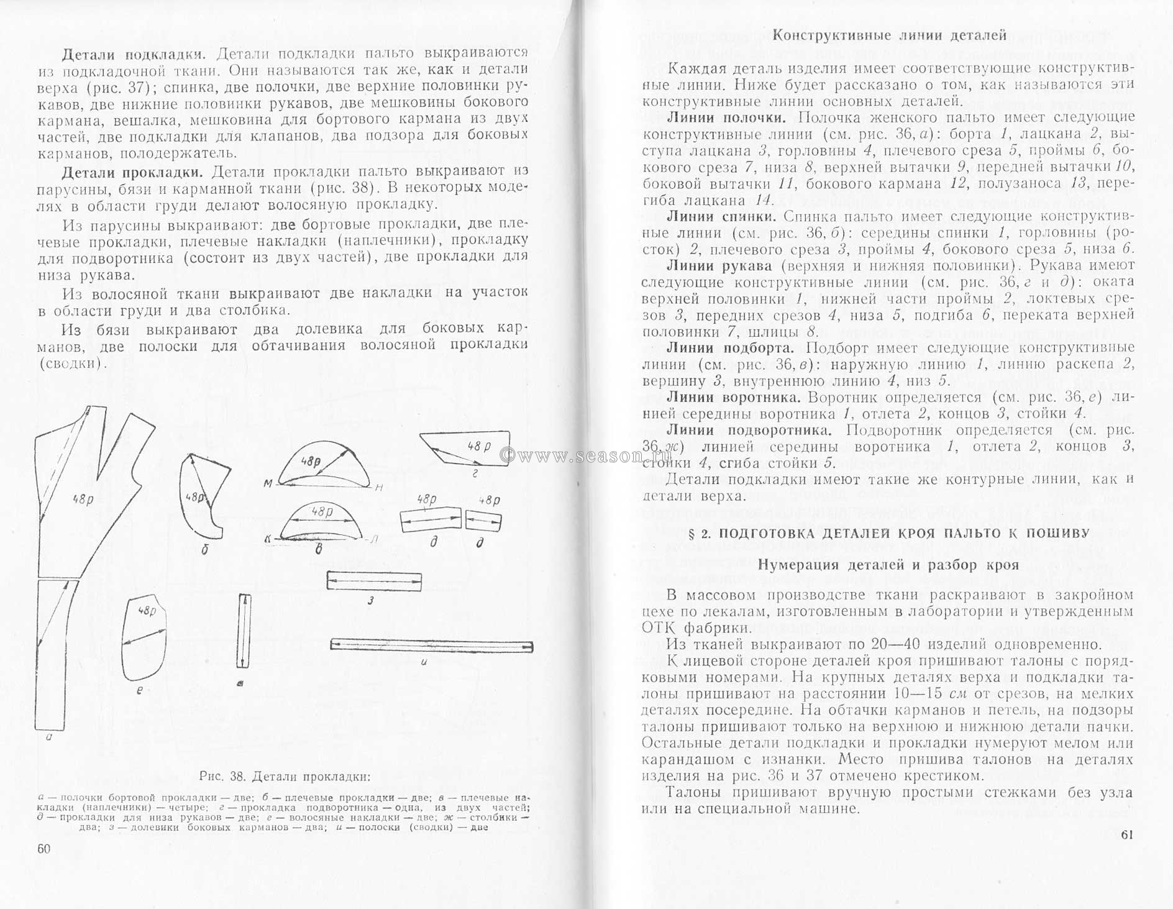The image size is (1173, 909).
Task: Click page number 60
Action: [43, 849]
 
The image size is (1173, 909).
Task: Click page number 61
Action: [1128, 834]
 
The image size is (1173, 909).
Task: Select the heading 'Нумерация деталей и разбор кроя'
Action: [889, 565]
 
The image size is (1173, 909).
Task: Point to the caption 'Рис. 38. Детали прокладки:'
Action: [285, 777]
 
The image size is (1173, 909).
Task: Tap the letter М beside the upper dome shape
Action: [268, 484]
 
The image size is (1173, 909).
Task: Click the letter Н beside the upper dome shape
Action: [378, 488]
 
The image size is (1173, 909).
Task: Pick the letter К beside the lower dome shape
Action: [267, 540]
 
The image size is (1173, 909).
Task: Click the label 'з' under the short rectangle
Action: [370, 600]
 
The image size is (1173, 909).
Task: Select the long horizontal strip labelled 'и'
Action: [431, 646]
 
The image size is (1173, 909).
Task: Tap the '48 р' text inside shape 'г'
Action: [478, 446]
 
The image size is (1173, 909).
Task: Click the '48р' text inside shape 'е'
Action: [147, 611]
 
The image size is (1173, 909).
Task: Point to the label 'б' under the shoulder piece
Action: [204, 549]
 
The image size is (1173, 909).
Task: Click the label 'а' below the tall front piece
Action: [48, 738]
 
